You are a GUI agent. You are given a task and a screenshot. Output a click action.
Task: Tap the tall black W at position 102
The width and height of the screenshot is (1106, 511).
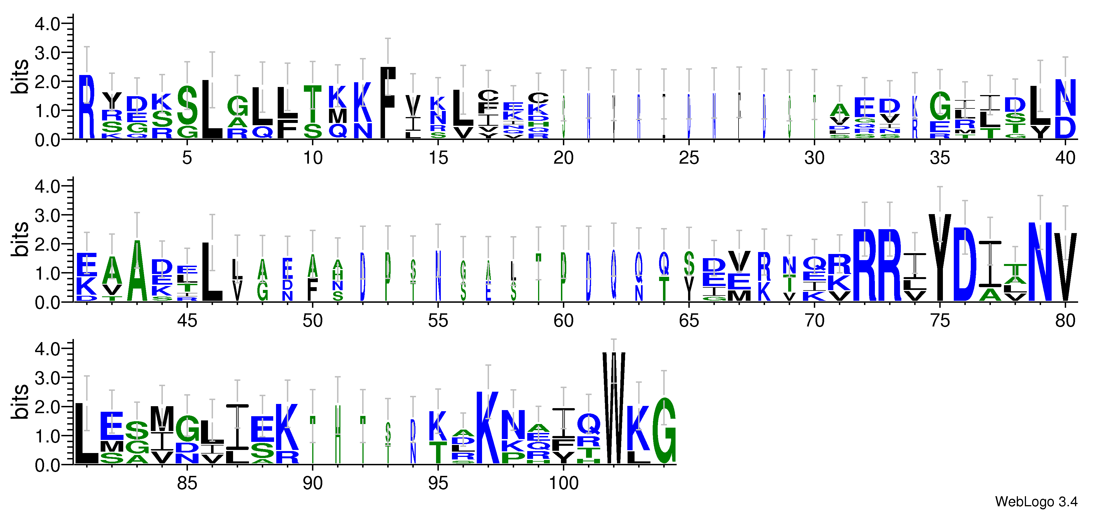(x=614, y=408)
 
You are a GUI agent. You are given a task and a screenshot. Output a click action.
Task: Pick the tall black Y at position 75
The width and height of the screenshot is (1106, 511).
(x=940, y=258)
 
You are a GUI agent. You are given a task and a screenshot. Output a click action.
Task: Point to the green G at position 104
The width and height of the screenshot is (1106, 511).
(x=664, y=431)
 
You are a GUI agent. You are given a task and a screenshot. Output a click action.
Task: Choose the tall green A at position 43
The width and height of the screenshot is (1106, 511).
(x=137, y=271)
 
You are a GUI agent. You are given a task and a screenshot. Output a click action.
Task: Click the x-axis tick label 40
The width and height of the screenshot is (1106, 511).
(x=1065, y=158)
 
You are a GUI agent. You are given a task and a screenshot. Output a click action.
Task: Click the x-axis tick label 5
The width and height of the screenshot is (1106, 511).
(x=187, y=158)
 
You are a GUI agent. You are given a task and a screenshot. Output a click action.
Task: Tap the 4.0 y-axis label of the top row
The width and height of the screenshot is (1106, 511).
(x=47, y=24)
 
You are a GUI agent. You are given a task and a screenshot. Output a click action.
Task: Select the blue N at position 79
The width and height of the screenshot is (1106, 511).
(x=1040, y=262)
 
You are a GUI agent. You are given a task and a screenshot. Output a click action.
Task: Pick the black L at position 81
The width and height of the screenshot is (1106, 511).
(x=87, y=434)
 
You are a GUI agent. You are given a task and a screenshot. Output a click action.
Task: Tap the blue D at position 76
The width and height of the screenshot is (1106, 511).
(x=965, y=264)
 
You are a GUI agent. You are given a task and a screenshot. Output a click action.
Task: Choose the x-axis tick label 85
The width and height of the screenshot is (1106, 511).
(x=187, y=483)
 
